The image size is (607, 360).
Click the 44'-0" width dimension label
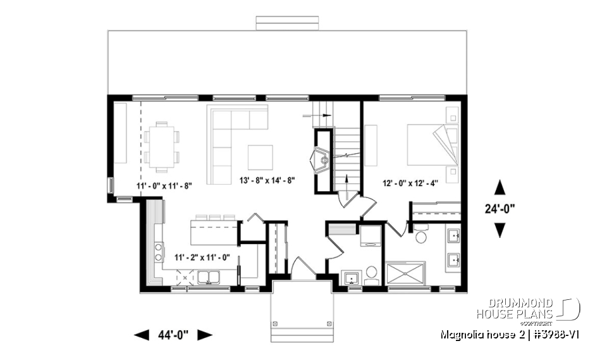(x=173, y=335)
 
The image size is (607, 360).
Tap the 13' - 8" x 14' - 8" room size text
(x=267, y=180)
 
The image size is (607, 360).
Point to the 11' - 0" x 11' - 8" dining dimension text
(x=164, y=186)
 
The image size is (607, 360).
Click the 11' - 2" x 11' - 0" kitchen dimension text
(x=202, y=258)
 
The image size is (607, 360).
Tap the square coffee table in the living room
(x=260, y=158)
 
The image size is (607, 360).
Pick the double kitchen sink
(x=209, y=276)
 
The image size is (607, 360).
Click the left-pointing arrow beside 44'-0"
(x=141, y=335)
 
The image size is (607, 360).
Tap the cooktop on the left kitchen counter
(x=157, y=251)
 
